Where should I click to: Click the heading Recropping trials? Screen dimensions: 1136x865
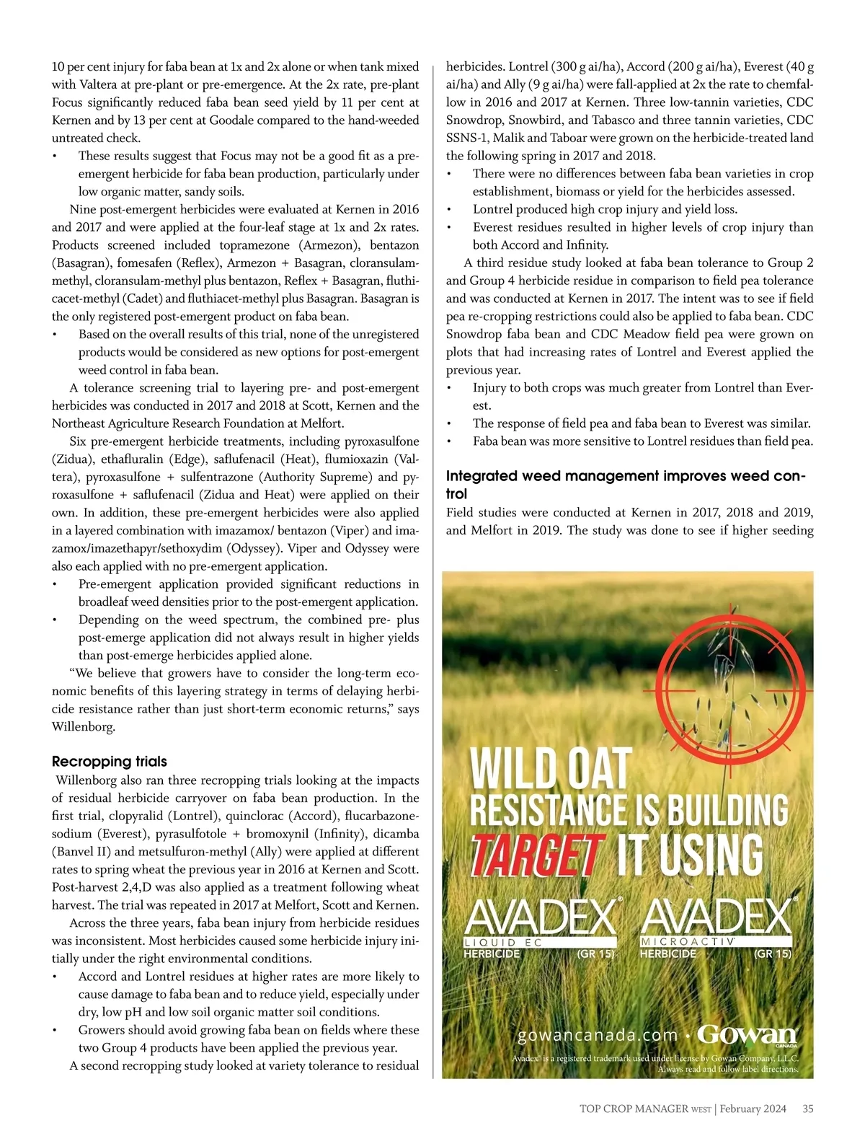109,762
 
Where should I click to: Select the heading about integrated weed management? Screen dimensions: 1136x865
625,485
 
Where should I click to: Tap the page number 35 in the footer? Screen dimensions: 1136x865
807,1109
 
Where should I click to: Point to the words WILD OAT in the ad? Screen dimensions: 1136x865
551,770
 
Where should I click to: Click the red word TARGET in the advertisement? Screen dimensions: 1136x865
536,855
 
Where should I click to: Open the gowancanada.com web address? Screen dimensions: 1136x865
598,1036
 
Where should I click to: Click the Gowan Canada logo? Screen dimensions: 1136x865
747,1036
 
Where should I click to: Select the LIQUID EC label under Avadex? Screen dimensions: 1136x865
502,943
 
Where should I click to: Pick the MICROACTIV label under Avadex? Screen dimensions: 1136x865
687,942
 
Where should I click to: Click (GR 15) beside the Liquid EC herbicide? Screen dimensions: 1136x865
595,954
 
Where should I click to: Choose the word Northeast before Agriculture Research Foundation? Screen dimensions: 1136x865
81,423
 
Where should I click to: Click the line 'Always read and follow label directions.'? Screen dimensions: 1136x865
728,1069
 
